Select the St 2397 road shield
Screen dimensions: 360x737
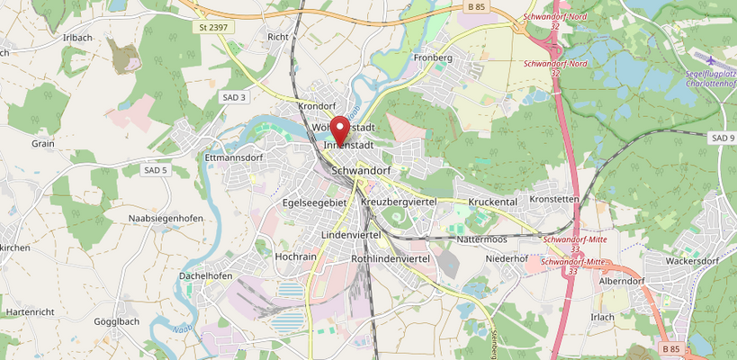point(212,28)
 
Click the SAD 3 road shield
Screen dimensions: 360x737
point(233,97)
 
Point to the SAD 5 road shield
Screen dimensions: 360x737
point(156,169)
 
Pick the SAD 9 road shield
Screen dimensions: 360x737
point(722,138)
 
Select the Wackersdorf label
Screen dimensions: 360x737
point(689,261)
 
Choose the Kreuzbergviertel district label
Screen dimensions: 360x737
point(398,202)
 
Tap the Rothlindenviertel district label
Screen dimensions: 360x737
point(390,259)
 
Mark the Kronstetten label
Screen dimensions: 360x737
point(554,199)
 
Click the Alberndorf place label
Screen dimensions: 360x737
point(622,281)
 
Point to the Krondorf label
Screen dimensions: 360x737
point(316,106)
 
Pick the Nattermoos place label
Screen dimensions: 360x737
point(482,239)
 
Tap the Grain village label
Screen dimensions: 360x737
point(43,143)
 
